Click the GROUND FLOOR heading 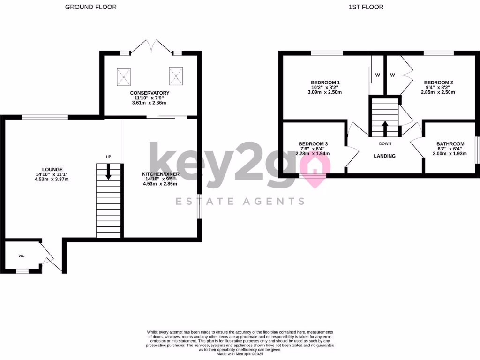click(91, 7)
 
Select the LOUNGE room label click(52, 169)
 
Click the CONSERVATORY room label click(150, 93)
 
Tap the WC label click(22, 256)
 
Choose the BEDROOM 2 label click(438, 82)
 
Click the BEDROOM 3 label click(313, 144)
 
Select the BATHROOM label click(450, 144)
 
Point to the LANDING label click(384, 156)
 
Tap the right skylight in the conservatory click(176, 76)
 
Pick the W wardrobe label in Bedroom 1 click(377, 75)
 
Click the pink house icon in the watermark click(315, 165)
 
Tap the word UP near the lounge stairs click(109, 157)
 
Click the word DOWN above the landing click(385, 143)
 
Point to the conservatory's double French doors click(150, 47)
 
